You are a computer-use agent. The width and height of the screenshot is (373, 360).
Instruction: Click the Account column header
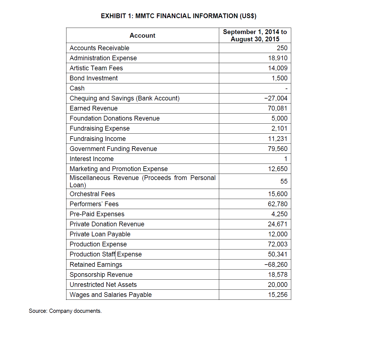tap(142, 35)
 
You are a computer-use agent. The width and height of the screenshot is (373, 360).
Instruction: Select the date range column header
tap(255, 35)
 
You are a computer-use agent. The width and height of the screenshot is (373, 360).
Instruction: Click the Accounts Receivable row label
tap(99, 48)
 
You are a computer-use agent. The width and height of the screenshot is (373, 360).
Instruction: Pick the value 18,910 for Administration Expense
tap(278, 58)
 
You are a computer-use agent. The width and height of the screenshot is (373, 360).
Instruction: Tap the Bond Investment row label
tap(94, 78)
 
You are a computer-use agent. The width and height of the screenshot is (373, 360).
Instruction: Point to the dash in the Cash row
tap(286, 89)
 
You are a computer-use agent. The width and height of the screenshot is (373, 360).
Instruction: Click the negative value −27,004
tap(276, 98)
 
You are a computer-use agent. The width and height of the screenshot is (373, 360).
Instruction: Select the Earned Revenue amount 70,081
tap(278, 108)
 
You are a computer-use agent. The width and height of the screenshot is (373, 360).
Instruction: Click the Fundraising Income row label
tap(98, 139)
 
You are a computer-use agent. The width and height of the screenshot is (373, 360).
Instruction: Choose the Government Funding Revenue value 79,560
tap(278, 149)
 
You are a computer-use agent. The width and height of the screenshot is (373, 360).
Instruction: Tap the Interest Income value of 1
tap(286, 159)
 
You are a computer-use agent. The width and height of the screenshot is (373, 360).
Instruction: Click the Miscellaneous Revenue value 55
tap(284, 181)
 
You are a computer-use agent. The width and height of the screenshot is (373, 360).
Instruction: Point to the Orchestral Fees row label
tap(92, 194)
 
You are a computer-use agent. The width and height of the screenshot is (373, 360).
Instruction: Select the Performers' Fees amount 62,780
tap(278, 204)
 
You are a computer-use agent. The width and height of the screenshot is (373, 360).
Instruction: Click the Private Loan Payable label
tap(100, 234)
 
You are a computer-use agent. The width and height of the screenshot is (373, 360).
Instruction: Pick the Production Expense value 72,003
tap(278, 244)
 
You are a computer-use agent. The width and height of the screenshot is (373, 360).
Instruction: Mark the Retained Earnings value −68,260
tap(276, 265)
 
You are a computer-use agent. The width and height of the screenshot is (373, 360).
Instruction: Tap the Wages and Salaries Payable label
tap(111, 295)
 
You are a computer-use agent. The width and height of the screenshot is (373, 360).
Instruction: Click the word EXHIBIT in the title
tap(114, 16)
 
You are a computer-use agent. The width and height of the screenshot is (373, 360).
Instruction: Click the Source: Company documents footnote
tap(65, 311)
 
